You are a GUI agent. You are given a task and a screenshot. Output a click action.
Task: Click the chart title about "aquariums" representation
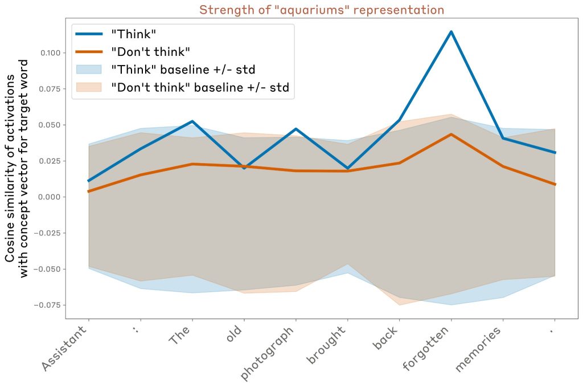(322, 10)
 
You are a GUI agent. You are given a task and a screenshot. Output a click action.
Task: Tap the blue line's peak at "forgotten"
(451, 31)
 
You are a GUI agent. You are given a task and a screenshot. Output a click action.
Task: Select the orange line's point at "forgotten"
(451, 135)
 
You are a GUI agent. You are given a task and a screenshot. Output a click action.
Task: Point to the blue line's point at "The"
(192, 121)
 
